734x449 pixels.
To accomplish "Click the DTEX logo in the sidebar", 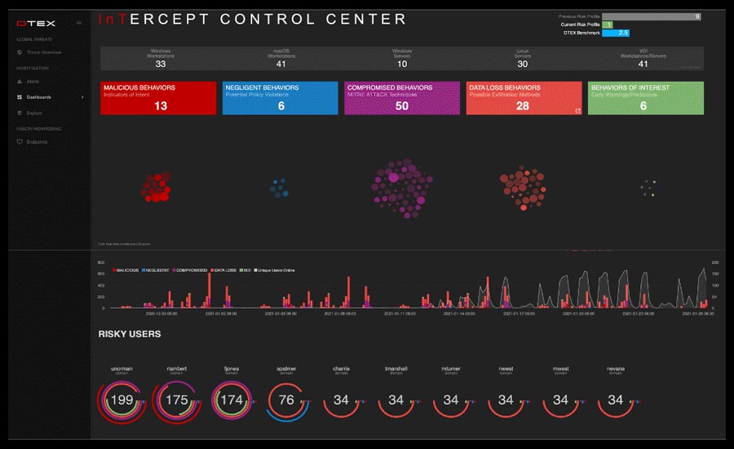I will click(x=30, y=23).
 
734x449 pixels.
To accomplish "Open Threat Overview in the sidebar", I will click(x=45, y=52).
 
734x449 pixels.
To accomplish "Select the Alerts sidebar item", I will click(x=33, y=82).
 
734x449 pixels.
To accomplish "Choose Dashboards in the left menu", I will click(x=38, y=97).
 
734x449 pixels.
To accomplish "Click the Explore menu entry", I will click(x=34, y=113).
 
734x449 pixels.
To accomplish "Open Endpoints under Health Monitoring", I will click(x=37, y=142).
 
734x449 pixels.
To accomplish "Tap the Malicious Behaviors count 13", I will click(x=160, y=106).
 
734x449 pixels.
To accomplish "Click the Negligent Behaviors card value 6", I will click(x=281, y=106).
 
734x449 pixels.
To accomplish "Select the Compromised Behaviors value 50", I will click(x=401, y=106).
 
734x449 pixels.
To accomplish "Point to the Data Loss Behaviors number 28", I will click(x=523, y=106).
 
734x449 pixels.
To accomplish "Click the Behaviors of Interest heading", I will click(x=630, y=87).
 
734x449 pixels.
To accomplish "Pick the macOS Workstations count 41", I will click(x=281, y=64).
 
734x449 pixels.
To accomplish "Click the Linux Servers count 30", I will click(x=523, y=64).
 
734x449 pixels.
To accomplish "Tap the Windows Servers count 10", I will click(x=402, y=64).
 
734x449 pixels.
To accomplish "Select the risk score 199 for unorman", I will click(x=122, y=400).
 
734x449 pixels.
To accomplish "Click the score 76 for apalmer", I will click(x=286, y=400).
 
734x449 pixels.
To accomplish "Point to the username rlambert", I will click(x=176, y=369).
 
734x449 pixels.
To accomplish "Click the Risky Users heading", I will click(x=130, y=334).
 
